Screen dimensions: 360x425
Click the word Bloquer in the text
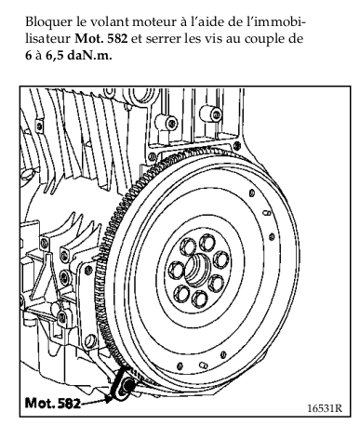[x=48, y=22]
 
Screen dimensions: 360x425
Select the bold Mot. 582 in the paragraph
[x=101, y=39]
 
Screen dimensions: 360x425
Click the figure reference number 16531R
[x=325, y=408]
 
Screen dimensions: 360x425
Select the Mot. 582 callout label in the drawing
[x=53, y=403]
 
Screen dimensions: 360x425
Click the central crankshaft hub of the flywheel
[x=197, y=269]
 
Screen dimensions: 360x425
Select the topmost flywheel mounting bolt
[x=206, y=243]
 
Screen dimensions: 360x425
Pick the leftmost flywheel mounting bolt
[x=177, y=269]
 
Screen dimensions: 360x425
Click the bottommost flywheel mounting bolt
[x=199, y=299]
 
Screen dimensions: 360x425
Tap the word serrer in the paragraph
[x=164, y=39]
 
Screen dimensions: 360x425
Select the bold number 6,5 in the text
[x=55, y=56]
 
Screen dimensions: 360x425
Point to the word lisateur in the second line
[x=48, y=39]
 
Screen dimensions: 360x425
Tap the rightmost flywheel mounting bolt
[x=222, y=259]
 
